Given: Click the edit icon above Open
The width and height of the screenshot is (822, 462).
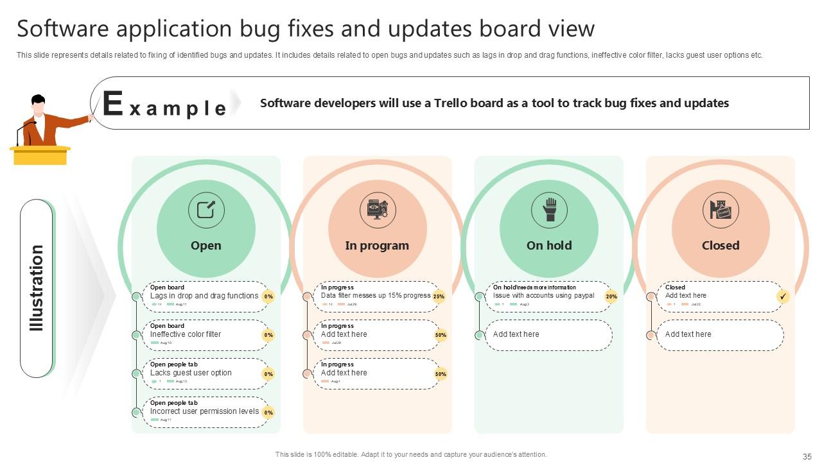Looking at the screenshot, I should click(206, 210).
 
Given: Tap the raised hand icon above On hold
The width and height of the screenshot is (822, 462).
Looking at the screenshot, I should click(549, 210).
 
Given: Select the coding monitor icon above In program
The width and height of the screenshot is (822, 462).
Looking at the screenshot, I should click(378, 210).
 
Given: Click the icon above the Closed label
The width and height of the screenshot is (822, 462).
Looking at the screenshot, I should click(721, 210).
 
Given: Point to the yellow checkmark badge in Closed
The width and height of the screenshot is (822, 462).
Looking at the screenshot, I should click(783, 296).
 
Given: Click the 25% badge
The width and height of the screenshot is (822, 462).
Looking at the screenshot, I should click(439, 296).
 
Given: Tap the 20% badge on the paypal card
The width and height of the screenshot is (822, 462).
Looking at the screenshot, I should click(611, 296).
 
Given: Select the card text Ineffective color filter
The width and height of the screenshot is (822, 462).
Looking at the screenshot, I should click(186, 334).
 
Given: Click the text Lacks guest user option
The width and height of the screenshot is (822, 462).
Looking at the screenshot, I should click(191, 373).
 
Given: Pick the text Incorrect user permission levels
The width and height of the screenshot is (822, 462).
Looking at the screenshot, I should click(204, 411).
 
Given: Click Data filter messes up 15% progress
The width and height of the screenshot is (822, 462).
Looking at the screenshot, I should click(376, 296).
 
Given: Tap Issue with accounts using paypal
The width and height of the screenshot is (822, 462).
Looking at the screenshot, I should click(543, 296).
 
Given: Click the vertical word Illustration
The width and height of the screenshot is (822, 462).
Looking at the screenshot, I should click(37, 288).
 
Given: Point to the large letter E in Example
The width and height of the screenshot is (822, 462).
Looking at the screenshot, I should click(112, 104).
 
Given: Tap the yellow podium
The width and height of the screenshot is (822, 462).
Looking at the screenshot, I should click(40, 155).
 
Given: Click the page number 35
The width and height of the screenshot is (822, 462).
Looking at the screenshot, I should click(807, 457).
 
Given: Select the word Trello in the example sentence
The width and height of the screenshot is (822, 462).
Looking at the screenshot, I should click(451, 103).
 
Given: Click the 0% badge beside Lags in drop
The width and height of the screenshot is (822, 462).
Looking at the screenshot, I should click(268, 296).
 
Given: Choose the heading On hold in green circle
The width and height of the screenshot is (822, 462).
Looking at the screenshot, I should click(549, 246).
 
